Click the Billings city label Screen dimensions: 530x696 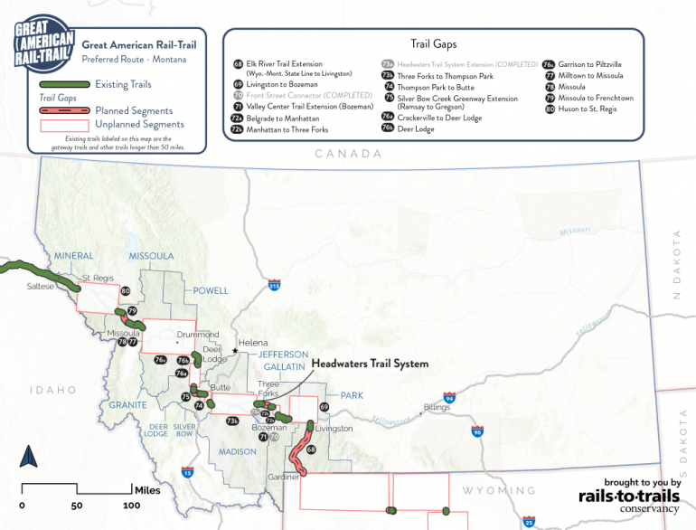pyautogui.click(x=436, y=408)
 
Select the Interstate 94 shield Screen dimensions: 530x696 pyautogui.click(x=449, y=398)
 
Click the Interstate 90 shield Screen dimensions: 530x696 pyautogui.click(x=476, y=432)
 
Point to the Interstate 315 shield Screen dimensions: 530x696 pyautogui.click(x=273, y=286)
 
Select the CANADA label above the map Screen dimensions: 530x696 pyautogui.click(x=348, y=155)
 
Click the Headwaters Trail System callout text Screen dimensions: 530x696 pyautogui.click(x=370, y=364)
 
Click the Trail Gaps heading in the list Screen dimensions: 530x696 pyautogui.click(x=433, y=43)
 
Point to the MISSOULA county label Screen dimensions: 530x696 pyautogui.click(x=151, y=256)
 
